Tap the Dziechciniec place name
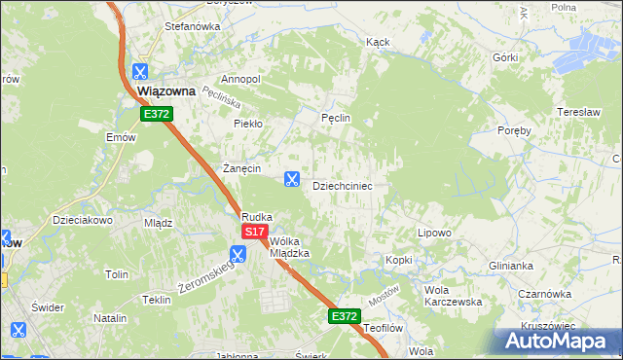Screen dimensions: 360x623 pyautogui.click(x=342, y=185)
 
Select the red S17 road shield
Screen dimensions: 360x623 pyautogui.click(x=254, y=232)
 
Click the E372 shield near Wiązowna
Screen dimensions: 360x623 pyautogui.click(x=156, y=114)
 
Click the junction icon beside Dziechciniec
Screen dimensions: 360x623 pyautogui.click(x=291, y=178)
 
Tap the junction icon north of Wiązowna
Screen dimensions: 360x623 pyautogui.click(x=140, y=71)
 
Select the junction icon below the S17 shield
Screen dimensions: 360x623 pyautogui.click(x=238, y=255)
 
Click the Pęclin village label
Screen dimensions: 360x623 pyautogui.click(x=336, y=118)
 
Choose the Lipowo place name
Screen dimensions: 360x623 pyautogui.click(x=434, y=234)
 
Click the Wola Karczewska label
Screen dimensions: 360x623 pyautogui.click(x=454, y=296)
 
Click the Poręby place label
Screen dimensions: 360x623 pyautogui.click(x=514, y=130)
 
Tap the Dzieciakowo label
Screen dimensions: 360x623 pyautogui.click(x=84, y=220)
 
